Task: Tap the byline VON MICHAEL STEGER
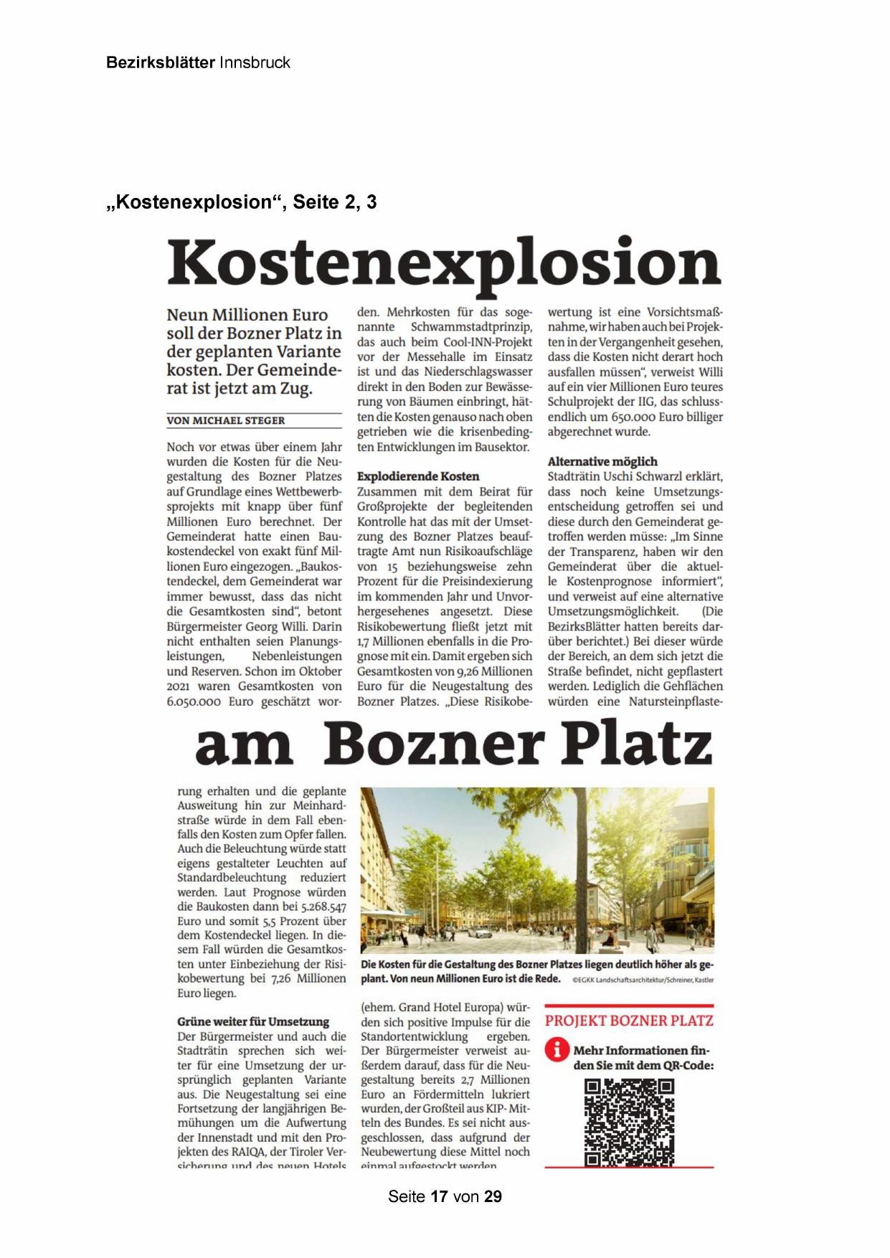226,420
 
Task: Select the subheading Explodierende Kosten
418,476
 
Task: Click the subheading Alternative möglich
602,461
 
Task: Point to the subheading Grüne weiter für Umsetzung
253,1021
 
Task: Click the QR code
630,1122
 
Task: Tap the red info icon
557,1050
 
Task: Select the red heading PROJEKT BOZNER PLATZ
629,1021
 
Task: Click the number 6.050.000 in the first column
194,701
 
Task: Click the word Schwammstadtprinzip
471,327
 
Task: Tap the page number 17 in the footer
439,1196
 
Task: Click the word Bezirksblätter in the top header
160,62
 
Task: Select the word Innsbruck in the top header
255,62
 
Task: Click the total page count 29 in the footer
493,1196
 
